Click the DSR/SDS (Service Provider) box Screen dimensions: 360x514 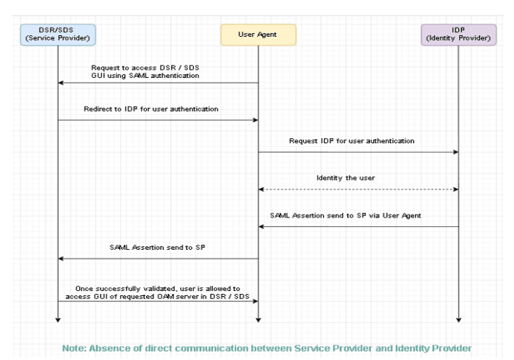[x=57, y=34]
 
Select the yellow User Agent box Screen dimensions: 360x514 [x=258, y=34]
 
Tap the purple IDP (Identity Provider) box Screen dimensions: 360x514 [x=458, y=34]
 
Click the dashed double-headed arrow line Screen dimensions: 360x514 [x=358, y=190]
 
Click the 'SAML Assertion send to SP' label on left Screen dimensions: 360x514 [x=157, y=247]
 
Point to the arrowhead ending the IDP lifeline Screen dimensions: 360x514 [x=458, y=320]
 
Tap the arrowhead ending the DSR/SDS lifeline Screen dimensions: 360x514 [x=57, y=320]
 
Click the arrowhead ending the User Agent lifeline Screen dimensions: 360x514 [x=258, y=320]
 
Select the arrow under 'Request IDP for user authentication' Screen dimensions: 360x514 [x=358, y=152]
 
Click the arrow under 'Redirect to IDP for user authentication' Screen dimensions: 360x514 [x=157, y=120]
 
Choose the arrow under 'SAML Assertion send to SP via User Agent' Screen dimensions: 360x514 [x=358, y=226]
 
